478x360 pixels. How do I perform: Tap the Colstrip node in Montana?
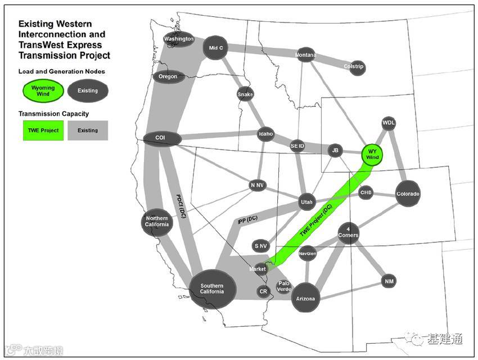(x=354, y=66)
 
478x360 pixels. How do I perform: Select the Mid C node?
(x=217, y=48)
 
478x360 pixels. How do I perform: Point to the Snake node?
(x=245, y=94)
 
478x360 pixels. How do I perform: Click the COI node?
(x=161, y=138)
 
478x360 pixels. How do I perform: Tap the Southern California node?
(x=212, y=289)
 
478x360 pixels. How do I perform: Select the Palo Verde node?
(x=284, y=286)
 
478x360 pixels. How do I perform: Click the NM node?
(x=389, y=281)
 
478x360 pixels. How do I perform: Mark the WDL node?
(x=389, y=122)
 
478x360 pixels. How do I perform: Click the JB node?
(x=335, y=150)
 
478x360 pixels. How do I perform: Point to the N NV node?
(x=258, y=185)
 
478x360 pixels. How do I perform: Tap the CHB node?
(x=366, y=192)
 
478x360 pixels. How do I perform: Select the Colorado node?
(x=408, y=194)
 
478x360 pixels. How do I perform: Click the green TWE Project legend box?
(x=43, y=130)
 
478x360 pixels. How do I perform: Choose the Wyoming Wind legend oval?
(x=43, y=91)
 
